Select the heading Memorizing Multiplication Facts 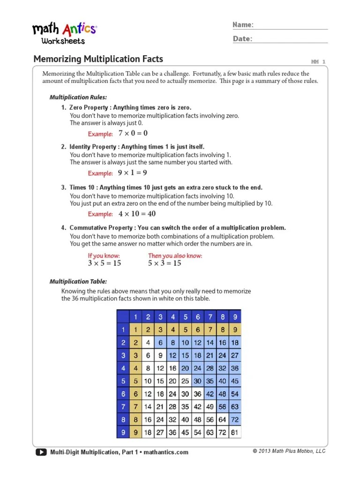coord(98,59)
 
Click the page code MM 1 coord(318,61)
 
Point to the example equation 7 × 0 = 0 coord(133,134)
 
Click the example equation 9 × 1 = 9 coord(133,173)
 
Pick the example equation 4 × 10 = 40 coord(137,214)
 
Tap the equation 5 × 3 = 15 coord(165,263)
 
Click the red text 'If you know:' coord(104,256)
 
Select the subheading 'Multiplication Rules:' coord(78,97)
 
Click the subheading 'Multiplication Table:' coord(78,282)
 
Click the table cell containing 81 coord(235,432)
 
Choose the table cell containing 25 coord(185,382)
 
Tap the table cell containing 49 coord(210,407)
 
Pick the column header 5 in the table coord(185,316)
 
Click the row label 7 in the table coord(122,407)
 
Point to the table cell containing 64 coord(222,420)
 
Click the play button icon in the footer coord(41,452)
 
